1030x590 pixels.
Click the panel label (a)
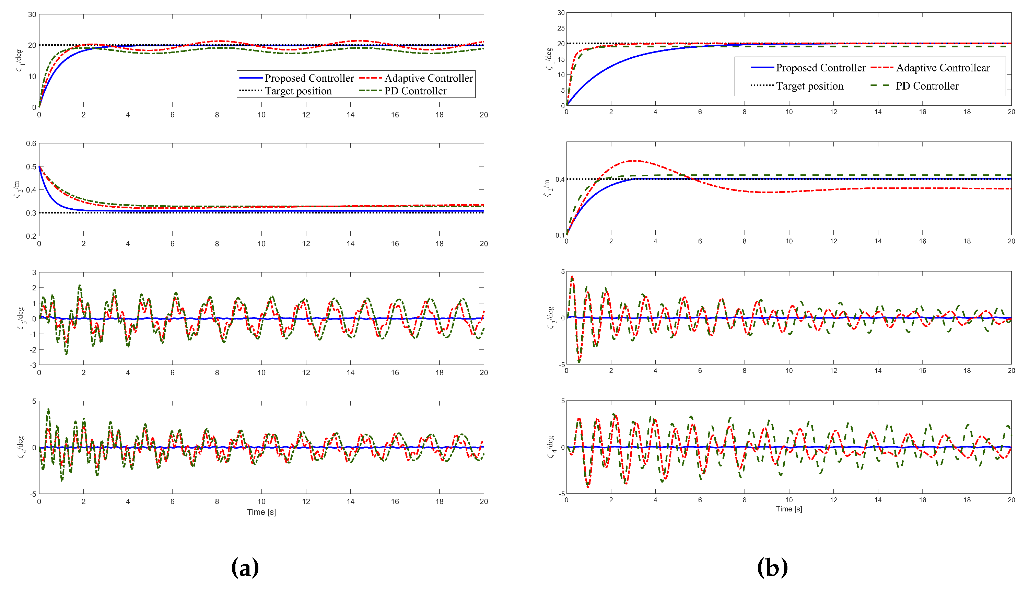[245, 567]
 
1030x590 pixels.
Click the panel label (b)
[772, 567]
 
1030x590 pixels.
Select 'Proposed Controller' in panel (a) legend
[309, 78]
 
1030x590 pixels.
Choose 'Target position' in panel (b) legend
[809, 86]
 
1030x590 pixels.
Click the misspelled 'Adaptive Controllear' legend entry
[943, 68]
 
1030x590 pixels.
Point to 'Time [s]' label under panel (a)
[261, 512]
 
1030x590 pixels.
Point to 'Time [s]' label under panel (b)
[788, 509]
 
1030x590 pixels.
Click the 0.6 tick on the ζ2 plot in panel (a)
[31, 143]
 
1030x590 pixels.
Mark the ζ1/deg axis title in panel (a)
[20, 61]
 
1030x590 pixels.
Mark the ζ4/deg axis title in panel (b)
[550, 447]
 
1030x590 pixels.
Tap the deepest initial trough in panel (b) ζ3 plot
[579, 361]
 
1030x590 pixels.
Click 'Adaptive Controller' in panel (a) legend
[428, 78]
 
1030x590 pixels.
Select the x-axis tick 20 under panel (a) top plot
[484, 115]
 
